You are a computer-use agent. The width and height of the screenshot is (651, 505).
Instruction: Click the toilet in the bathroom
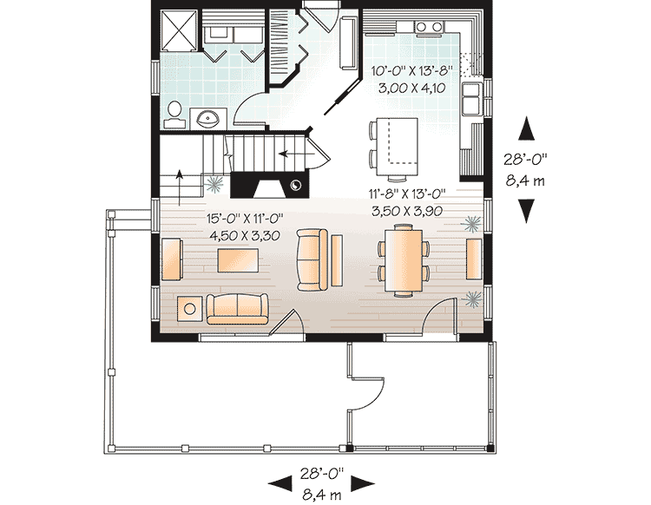point(174,112)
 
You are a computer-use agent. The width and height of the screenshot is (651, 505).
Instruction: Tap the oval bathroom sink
point(207,118)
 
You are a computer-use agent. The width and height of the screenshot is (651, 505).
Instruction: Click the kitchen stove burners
point(428,27)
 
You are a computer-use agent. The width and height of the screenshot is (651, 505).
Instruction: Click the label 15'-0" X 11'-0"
point(243,219)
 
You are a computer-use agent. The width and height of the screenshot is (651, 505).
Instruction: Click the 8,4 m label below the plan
point(322,495)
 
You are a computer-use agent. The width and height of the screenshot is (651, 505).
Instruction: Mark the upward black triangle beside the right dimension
point(526,129)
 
